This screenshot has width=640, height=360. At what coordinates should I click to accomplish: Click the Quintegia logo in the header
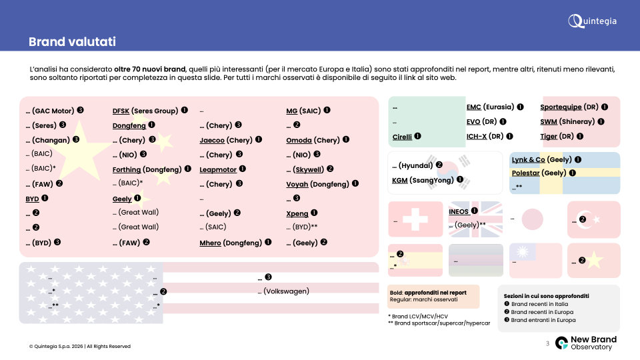(x=592, y=21)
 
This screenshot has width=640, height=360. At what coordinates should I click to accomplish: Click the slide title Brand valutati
(x=72, y=41)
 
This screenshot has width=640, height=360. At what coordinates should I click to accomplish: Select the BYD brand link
(x=32, y=199)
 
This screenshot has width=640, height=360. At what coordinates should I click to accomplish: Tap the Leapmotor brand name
(x=218, y=169)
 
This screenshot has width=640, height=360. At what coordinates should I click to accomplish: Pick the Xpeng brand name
(x=297, y=213)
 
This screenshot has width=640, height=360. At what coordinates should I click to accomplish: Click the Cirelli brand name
(x=402, y=137)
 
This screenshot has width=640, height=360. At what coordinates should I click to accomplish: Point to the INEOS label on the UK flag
(x=459, y=211)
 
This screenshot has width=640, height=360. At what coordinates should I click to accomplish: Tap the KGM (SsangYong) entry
(x=423, y=180)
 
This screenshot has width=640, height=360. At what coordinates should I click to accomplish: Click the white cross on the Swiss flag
(x=415, y=219)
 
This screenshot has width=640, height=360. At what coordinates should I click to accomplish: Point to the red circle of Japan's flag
(x=532, y=219)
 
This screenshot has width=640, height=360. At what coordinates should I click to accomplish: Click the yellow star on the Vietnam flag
(x=595, y=261)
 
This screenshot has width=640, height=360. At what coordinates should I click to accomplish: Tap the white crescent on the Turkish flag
(x=585, y=219)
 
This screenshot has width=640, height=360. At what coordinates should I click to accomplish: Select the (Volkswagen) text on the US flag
(x=287, y=291)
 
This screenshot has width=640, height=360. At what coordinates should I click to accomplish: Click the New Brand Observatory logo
(x=586, y=343)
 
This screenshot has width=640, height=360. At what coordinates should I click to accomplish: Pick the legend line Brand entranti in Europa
(x=543, y=320)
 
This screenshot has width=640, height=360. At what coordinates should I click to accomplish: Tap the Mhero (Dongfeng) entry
(x=231, y=243)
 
